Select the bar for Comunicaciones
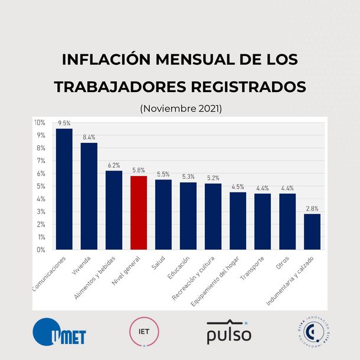[x=64, y=189]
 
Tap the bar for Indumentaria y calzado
[x=312, y=231]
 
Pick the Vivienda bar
[x=89, y=196]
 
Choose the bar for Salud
[x=163, y=214]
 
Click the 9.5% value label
[x=64, y=123]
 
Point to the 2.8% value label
[x=312, y=208]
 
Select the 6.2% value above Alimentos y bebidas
[x=114, y=165]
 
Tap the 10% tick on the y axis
[x=40, y=123]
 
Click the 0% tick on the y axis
[x=41, y=250]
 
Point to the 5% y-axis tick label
[x=41, y=186]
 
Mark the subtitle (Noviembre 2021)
[x=180, y=109]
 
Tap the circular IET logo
[x=143, y=332]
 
